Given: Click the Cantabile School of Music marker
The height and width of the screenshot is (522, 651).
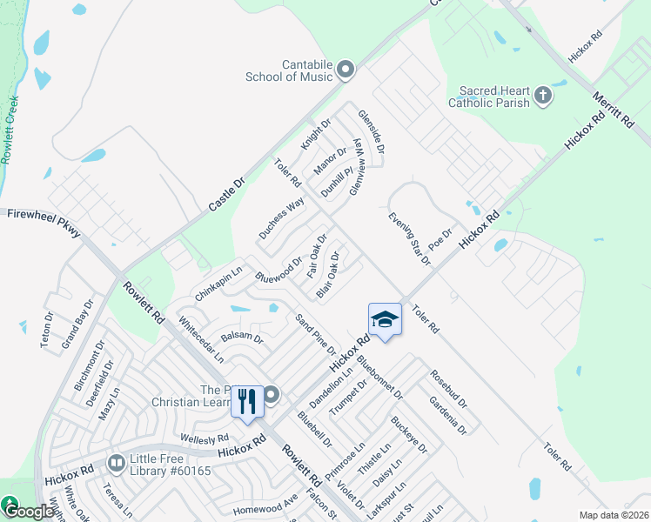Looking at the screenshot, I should click(345, 70).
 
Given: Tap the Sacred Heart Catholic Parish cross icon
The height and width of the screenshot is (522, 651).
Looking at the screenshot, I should click(543, 95).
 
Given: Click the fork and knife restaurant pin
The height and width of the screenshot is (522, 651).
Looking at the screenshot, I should click(247, 402).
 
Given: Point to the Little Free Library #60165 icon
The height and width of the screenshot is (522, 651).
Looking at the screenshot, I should click(116, 462).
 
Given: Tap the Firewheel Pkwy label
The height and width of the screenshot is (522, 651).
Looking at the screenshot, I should click(44, 223).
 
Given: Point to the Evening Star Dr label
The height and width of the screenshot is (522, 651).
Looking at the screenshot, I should click(409, 238).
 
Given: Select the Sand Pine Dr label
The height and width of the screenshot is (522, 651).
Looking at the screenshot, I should click(315, 335).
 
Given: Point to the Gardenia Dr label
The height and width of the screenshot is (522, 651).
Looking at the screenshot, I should click(448, 415).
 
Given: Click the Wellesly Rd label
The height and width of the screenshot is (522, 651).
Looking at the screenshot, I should click(204, 437).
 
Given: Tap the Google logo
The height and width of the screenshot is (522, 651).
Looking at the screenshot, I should click(29, 512).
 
